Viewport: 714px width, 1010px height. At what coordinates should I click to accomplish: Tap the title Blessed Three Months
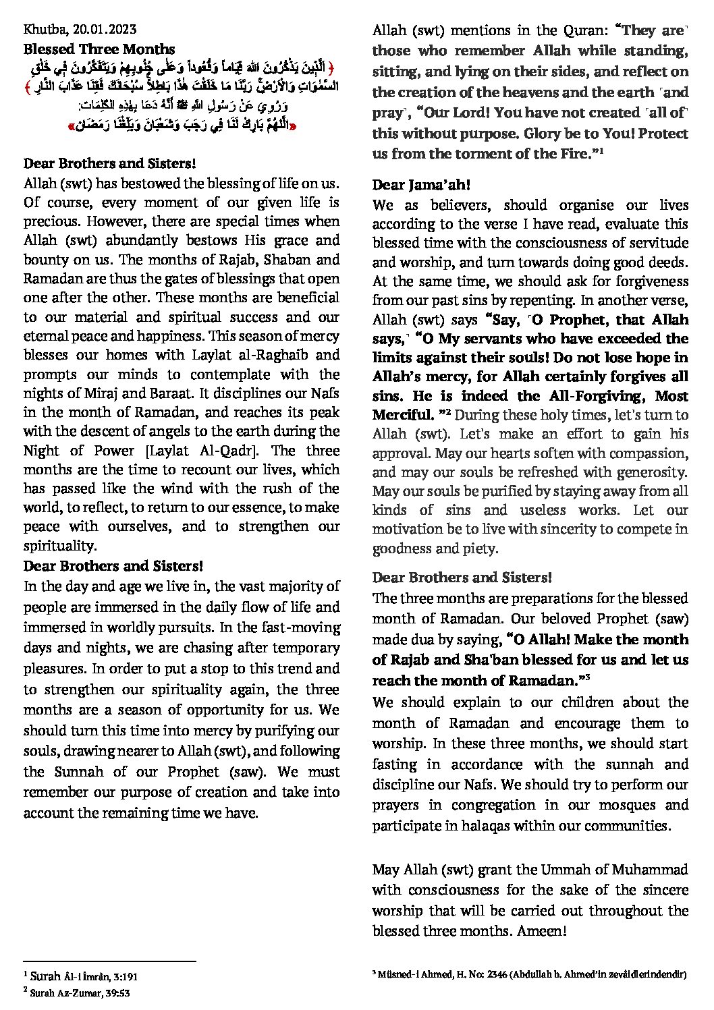(x=99, y=49)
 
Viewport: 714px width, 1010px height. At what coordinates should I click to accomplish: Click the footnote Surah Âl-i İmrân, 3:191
(x=84, y=976)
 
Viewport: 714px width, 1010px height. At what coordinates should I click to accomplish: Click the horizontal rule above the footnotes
(x=109, y=961)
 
